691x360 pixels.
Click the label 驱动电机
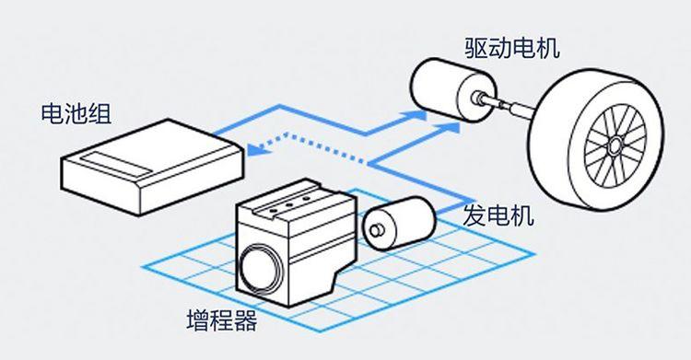[x=512, y=48]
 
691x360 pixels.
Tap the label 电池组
[x=76, y=113]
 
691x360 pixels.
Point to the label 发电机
[x=498, y=215]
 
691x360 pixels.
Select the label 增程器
[x=222, y=320]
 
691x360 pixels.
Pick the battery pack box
[x=152, y=167]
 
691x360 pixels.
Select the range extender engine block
[x=296, y=242]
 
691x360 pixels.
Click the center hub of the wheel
[x=615, y=144]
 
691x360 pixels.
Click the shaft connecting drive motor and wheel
[x=511, y=103]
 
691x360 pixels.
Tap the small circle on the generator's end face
[x=376, y=230]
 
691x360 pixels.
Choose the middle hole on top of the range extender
[x=289, y=205]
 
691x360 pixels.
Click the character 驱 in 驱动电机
[x=476, y=48]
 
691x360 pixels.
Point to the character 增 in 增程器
[x=198, y=320]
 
